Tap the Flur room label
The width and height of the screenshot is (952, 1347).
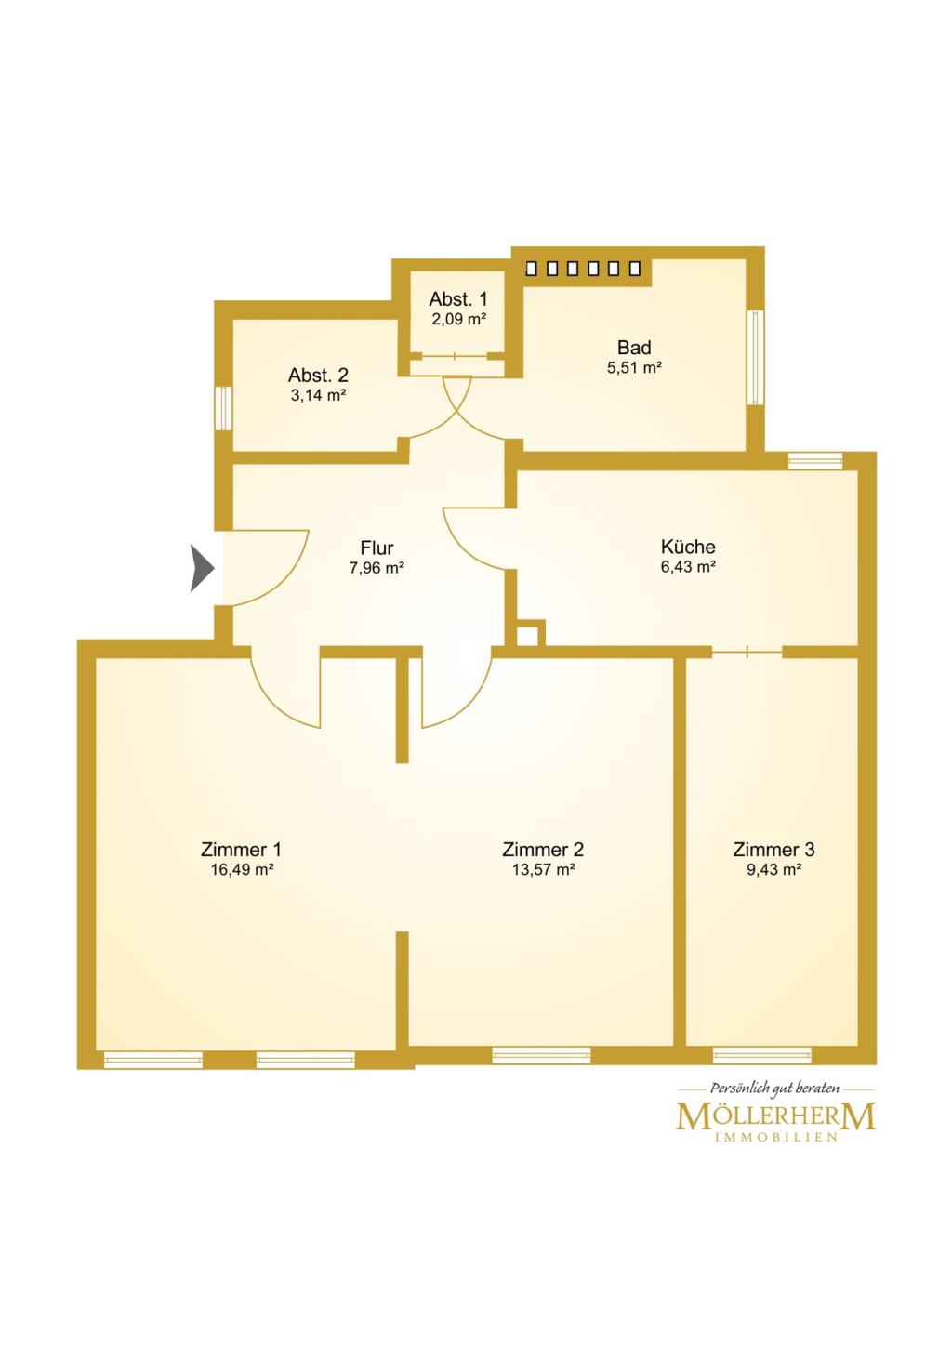pos(377,548)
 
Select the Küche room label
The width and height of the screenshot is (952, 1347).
pos(687,547)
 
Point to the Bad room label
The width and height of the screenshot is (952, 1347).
pos(634,348)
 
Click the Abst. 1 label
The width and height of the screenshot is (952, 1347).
pos(457,298)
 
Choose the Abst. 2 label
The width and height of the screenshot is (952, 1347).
pos(318,376)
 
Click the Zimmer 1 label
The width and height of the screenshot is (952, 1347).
pos(241,850)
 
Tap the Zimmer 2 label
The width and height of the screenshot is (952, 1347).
pos(542,850)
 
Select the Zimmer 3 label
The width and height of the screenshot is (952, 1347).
pos(773,850)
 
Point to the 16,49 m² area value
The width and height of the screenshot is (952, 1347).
pos(242,869)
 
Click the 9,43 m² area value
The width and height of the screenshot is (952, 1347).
pos(773,869)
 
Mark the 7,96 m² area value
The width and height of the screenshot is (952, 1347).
pos(377,568)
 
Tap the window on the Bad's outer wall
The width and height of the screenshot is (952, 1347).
pos(755,358)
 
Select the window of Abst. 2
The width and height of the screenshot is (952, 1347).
pos(223,408)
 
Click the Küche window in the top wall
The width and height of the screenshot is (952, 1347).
pos(815,461)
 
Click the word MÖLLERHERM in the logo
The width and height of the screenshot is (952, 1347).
pos(775,1116)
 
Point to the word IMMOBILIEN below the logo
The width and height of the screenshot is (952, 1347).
pos(775,1138)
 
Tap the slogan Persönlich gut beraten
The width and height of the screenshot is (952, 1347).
pos(774,1089)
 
